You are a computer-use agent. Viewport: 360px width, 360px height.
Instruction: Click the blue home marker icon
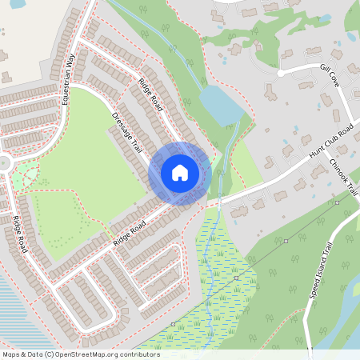[180, 173]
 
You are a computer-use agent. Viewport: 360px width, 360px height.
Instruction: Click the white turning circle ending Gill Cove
[281, 74]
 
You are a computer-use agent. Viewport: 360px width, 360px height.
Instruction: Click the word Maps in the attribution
[10, 354]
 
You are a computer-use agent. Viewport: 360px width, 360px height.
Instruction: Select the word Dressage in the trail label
[121, 124]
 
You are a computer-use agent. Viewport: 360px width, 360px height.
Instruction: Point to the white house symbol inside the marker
[180, 172]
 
